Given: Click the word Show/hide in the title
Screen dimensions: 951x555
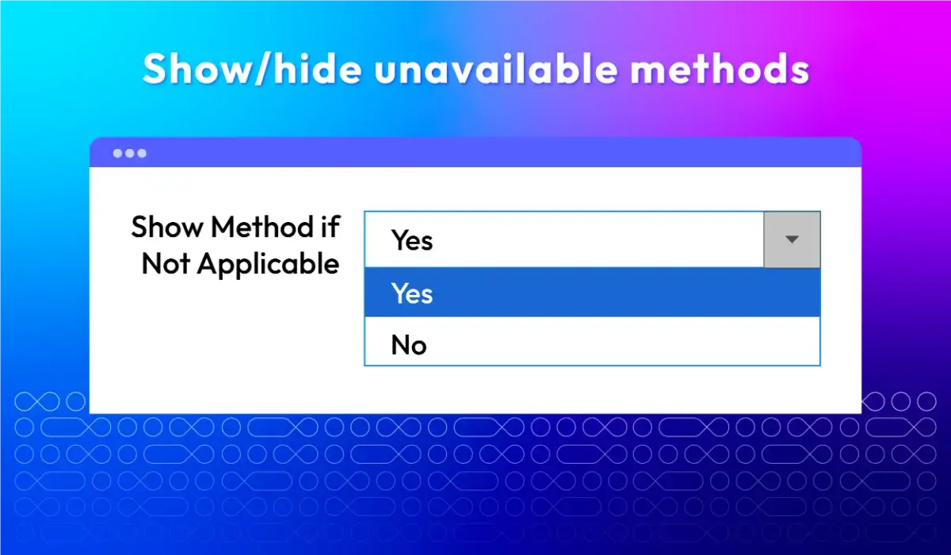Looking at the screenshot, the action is [252, 69].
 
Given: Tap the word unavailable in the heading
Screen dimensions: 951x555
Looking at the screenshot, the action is [496, 68].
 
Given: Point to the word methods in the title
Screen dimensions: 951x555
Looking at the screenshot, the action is [720, 68].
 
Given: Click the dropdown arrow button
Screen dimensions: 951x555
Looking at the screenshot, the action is [792, 239].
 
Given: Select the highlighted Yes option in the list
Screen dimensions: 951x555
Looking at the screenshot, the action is [592, 292].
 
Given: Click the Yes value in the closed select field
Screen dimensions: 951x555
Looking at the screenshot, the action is [412, 240].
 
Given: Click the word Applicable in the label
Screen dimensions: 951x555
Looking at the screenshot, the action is [268, 265].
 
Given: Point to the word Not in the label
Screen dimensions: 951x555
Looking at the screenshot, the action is [166, 264].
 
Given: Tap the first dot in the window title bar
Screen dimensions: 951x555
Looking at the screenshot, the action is [117, 153].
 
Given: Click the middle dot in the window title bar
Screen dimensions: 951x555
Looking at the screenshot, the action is [130, 153].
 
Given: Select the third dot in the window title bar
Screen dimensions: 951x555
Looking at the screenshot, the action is [142, 153].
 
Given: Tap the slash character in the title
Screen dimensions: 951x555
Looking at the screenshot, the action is [264, 69].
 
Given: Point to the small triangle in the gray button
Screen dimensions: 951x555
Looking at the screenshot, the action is [792, 239].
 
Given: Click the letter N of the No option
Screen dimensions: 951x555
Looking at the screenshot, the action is [400, 345].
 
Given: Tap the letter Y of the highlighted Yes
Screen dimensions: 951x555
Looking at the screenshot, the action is [399, 293].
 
